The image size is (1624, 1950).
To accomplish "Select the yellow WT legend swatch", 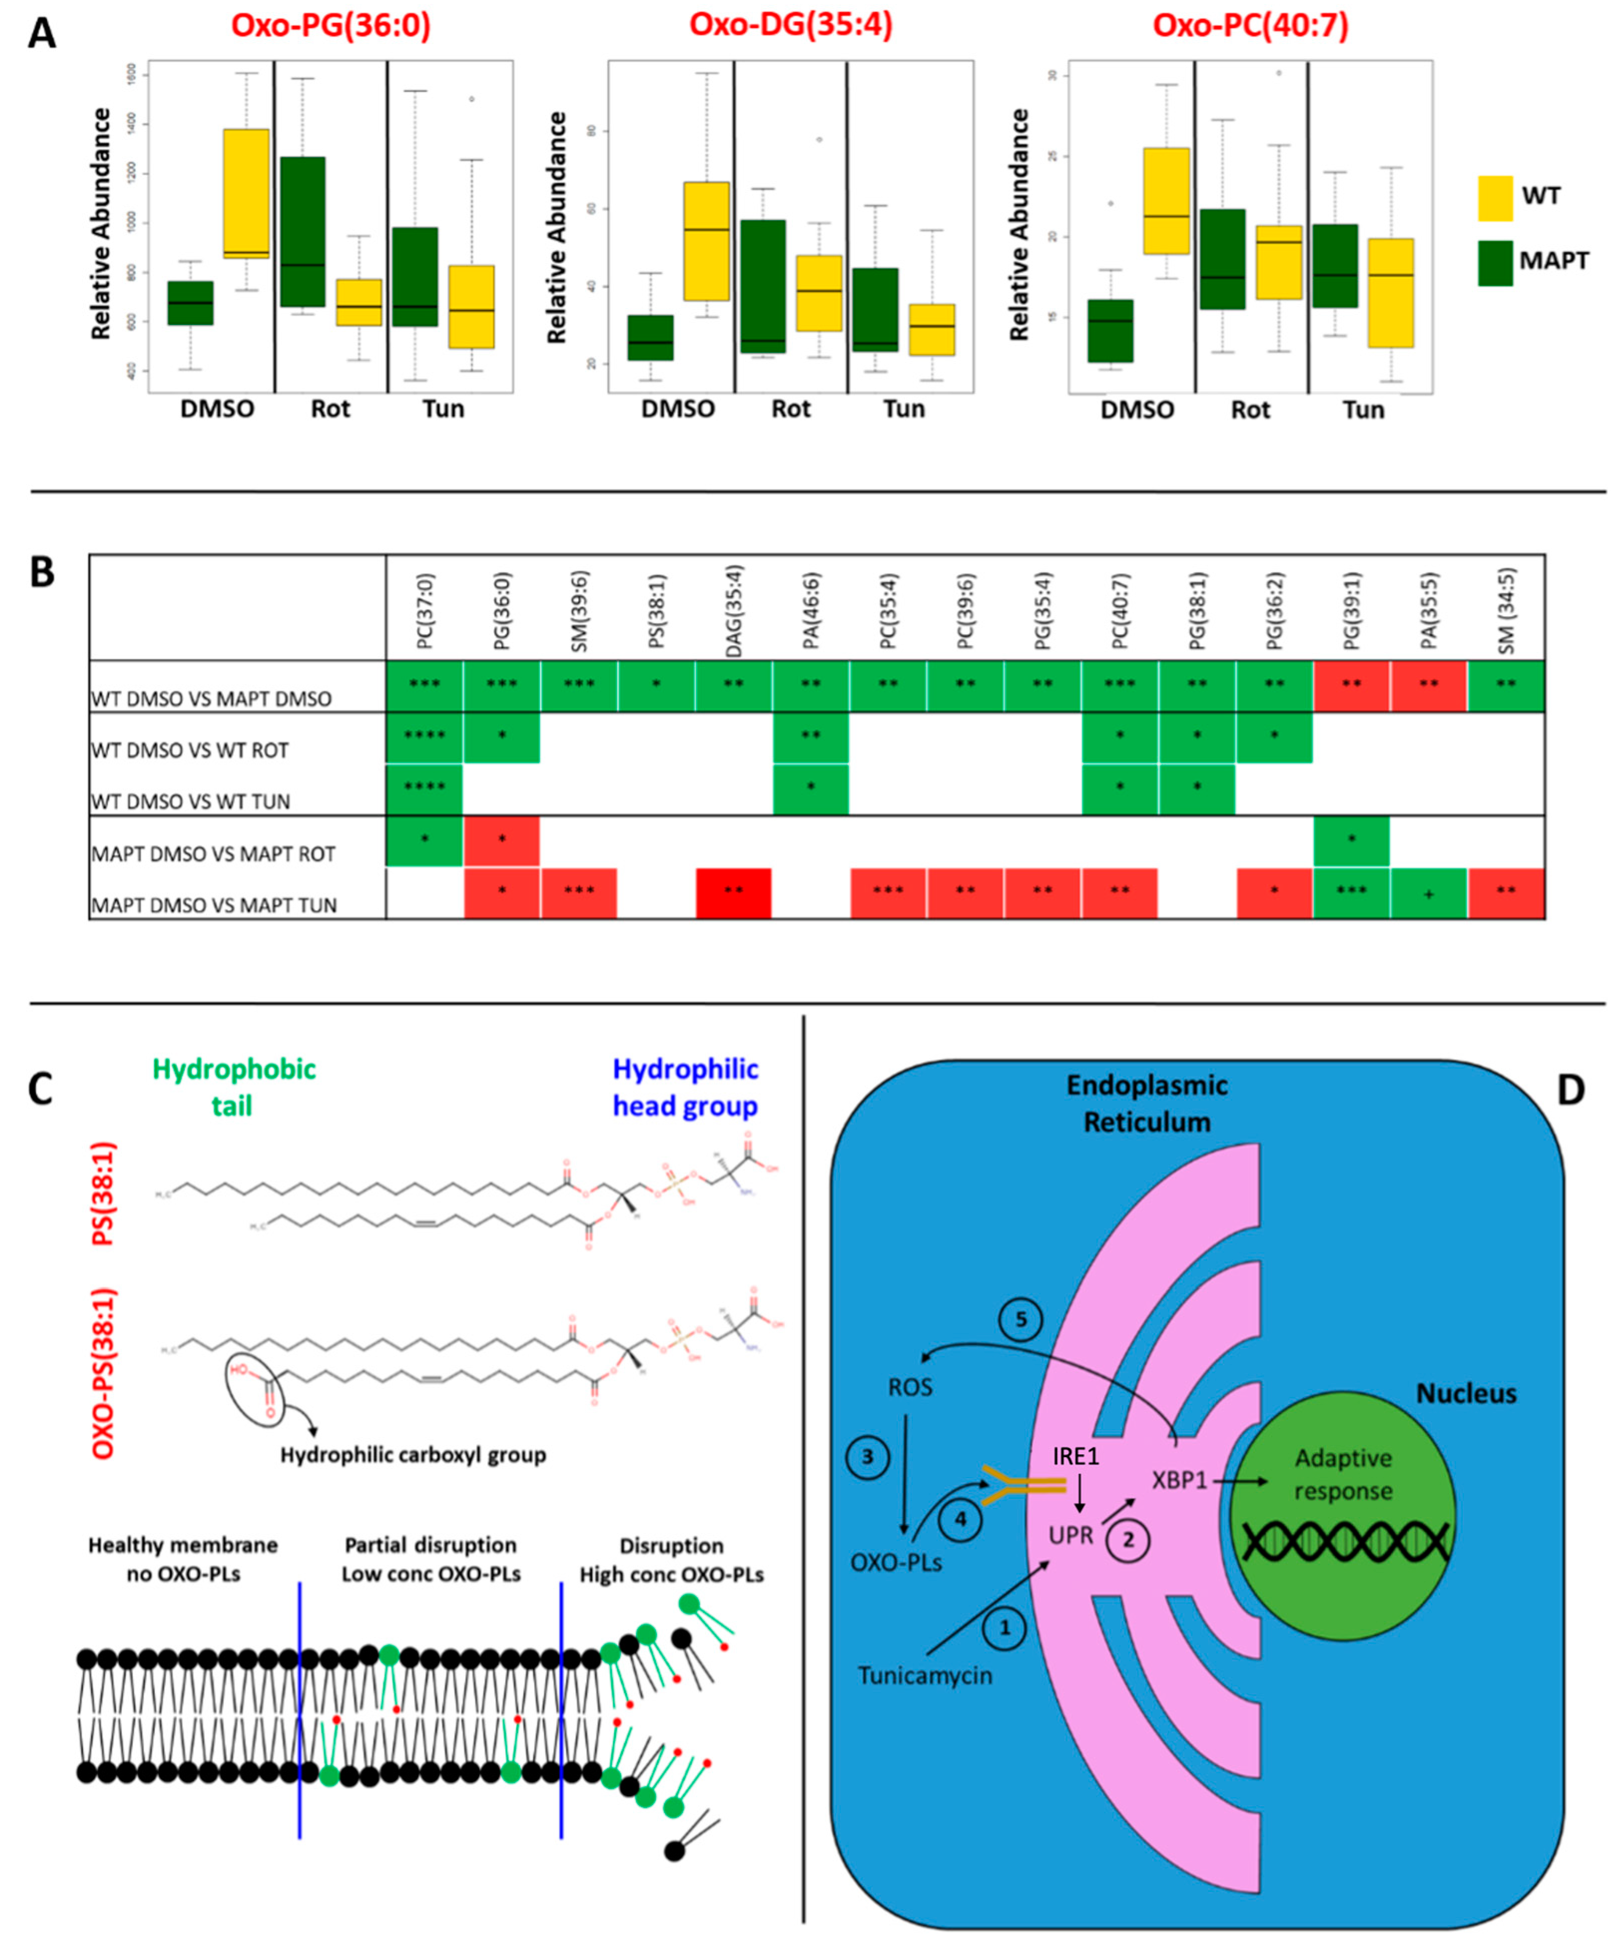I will point(1495,198).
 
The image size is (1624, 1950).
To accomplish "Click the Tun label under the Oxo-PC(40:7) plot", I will point(1363,410).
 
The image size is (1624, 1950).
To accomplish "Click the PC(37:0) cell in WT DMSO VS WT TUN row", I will point(424,789).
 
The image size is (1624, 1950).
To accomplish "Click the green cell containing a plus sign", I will point(1428,893).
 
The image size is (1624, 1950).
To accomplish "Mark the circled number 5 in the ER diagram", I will point(1020,1320).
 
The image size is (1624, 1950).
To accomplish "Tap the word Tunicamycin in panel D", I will point(925,1675).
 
